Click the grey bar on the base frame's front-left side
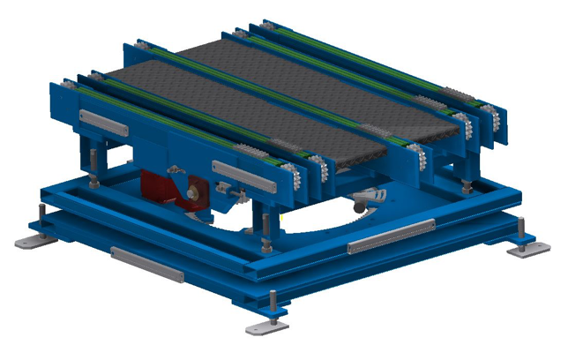tap(147, 265)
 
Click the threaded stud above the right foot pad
tap(521, 230)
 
